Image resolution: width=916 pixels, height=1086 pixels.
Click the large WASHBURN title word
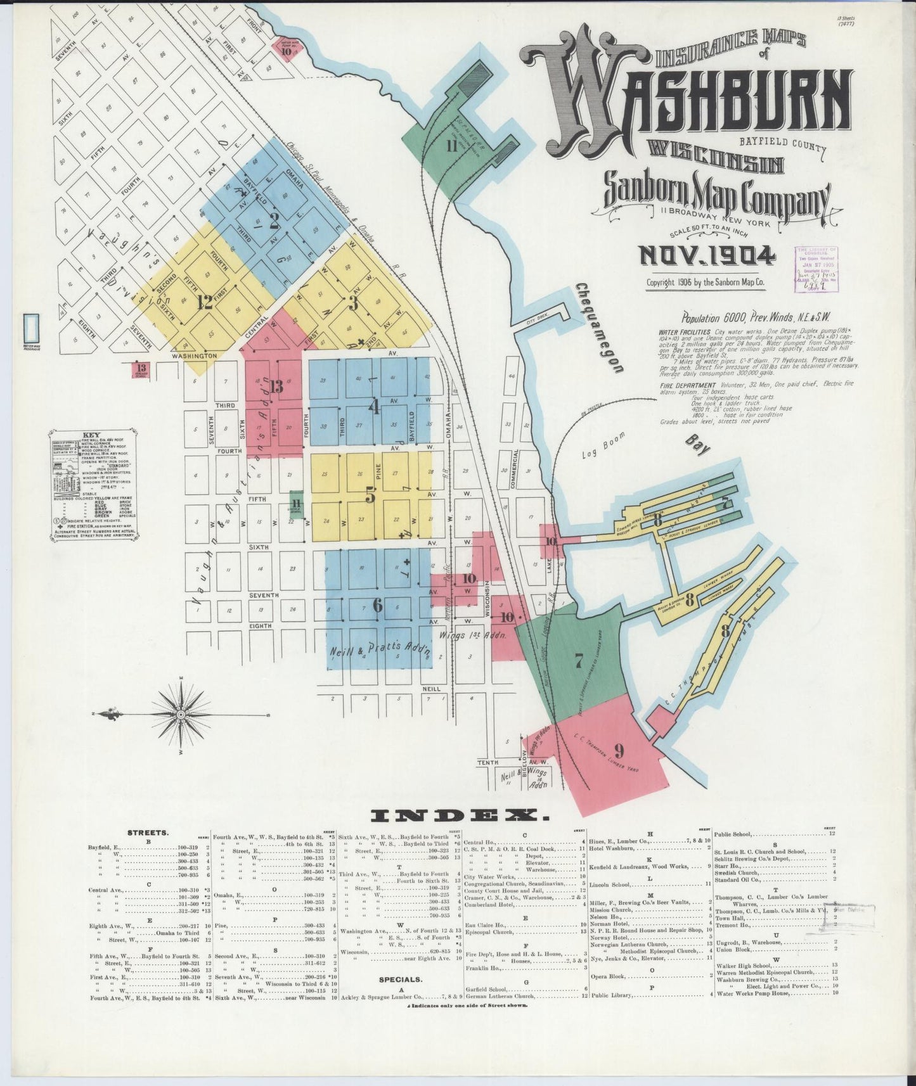tap(685, 95)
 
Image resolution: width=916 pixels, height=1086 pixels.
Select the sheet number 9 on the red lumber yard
tap(619, 750)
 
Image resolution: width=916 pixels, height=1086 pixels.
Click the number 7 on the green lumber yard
tap(578, 661)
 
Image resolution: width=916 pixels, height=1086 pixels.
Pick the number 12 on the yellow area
tap(204, 302)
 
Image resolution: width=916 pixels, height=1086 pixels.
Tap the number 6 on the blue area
tap(378, 605)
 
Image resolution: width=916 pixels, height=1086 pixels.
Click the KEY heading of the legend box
tap(92, 435)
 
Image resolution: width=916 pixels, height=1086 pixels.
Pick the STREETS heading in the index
tap(147, 833)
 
